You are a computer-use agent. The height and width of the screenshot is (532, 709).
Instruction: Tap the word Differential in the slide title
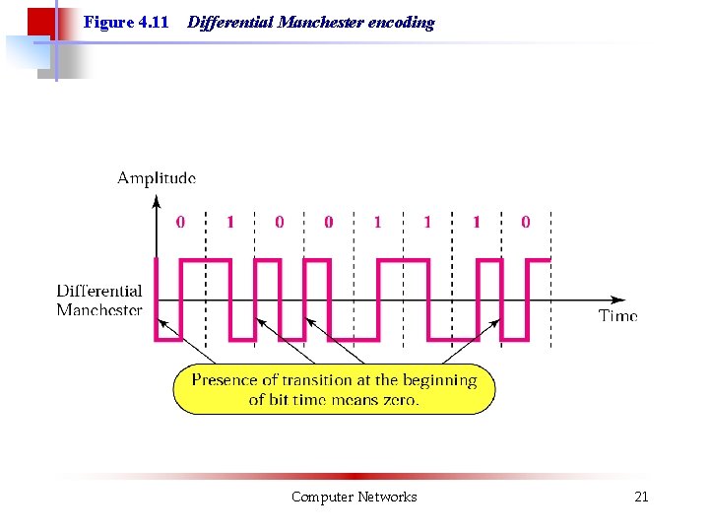[230, 22]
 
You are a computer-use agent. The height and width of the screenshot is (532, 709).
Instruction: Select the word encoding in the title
[401, 22]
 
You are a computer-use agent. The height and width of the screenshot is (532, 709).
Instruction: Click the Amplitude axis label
[157, 178]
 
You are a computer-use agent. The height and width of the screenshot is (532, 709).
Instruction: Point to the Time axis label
[617, 315]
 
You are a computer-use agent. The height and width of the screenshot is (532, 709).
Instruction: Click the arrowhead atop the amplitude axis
[157, 201]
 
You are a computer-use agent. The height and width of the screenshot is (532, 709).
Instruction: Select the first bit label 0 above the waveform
[179, 223]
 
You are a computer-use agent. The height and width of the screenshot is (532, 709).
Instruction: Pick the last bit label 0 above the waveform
[525, 223]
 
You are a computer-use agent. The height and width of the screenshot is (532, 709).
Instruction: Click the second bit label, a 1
[230, 223]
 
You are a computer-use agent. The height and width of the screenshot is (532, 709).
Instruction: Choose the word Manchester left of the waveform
[99, 309]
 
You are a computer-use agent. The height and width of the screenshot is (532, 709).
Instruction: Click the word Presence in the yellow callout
[224, 380]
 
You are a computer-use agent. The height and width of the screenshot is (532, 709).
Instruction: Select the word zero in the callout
[400, 400]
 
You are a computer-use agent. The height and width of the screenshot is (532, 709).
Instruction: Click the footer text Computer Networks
[354, 497]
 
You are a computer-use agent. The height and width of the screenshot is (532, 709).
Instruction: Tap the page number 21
[641, 497]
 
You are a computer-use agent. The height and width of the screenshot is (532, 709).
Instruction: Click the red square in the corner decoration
[39, 22]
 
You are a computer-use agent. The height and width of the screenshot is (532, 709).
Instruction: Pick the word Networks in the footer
[388, 497]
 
